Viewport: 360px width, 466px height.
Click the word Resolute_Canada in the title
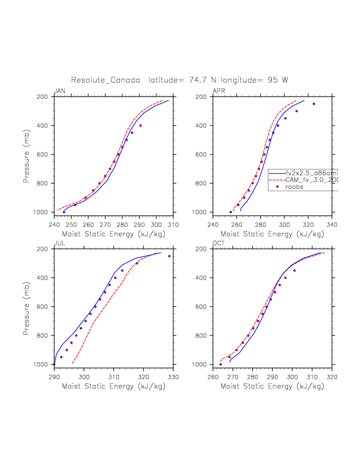pos(105,80)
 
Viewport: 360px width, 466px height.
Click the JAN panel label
pos(59,91)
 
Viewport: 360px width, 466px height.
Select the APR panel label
pos(219,91)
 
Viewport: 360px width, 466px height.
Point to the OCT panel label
pos(219,243)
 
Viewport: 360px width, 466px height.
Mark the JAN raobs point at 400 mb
pos(140,126)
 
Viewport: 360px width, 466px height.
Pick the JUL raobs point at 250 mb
pos(169,256)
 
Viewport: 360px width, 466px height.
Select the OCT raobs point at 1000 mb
pos(221,364)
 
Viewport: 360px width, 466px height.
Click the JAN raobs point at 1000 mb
pos(64,212)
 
